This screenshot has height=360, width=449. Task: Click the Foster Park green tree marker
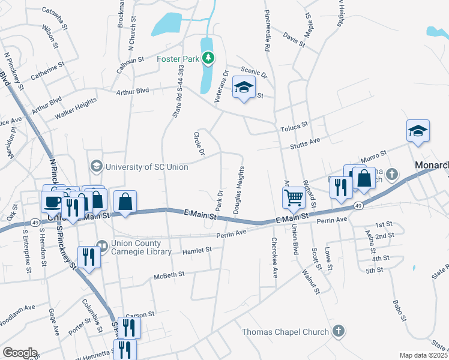pyautogui.click(x=208, y=58)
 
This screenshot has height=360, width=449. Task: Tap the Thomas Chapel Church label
pyautogui.click(x=285, y=332)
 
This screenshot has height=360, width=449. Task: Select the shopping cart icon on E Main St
pyautogui.click(x=294, y=197)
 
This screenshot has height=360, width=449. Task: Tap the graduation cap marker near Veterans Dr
pyautogui.click(x=244, y=88)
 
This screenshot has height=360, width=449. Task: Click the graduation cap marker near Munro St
pyautogui.click(x=418, y=131)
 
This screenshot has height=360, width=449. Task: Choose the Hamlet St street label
pyautogui.click(x=197, y=250)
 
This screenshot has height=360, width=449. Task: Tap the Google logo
pyautogui.click(x=20, y=353)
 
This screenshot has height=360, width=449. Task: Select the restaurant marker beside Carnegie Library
pyautogui.click(x=89, y=258)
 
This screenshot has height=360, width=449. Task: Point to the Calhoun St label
pyautogui.click(x=130, y=60)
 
